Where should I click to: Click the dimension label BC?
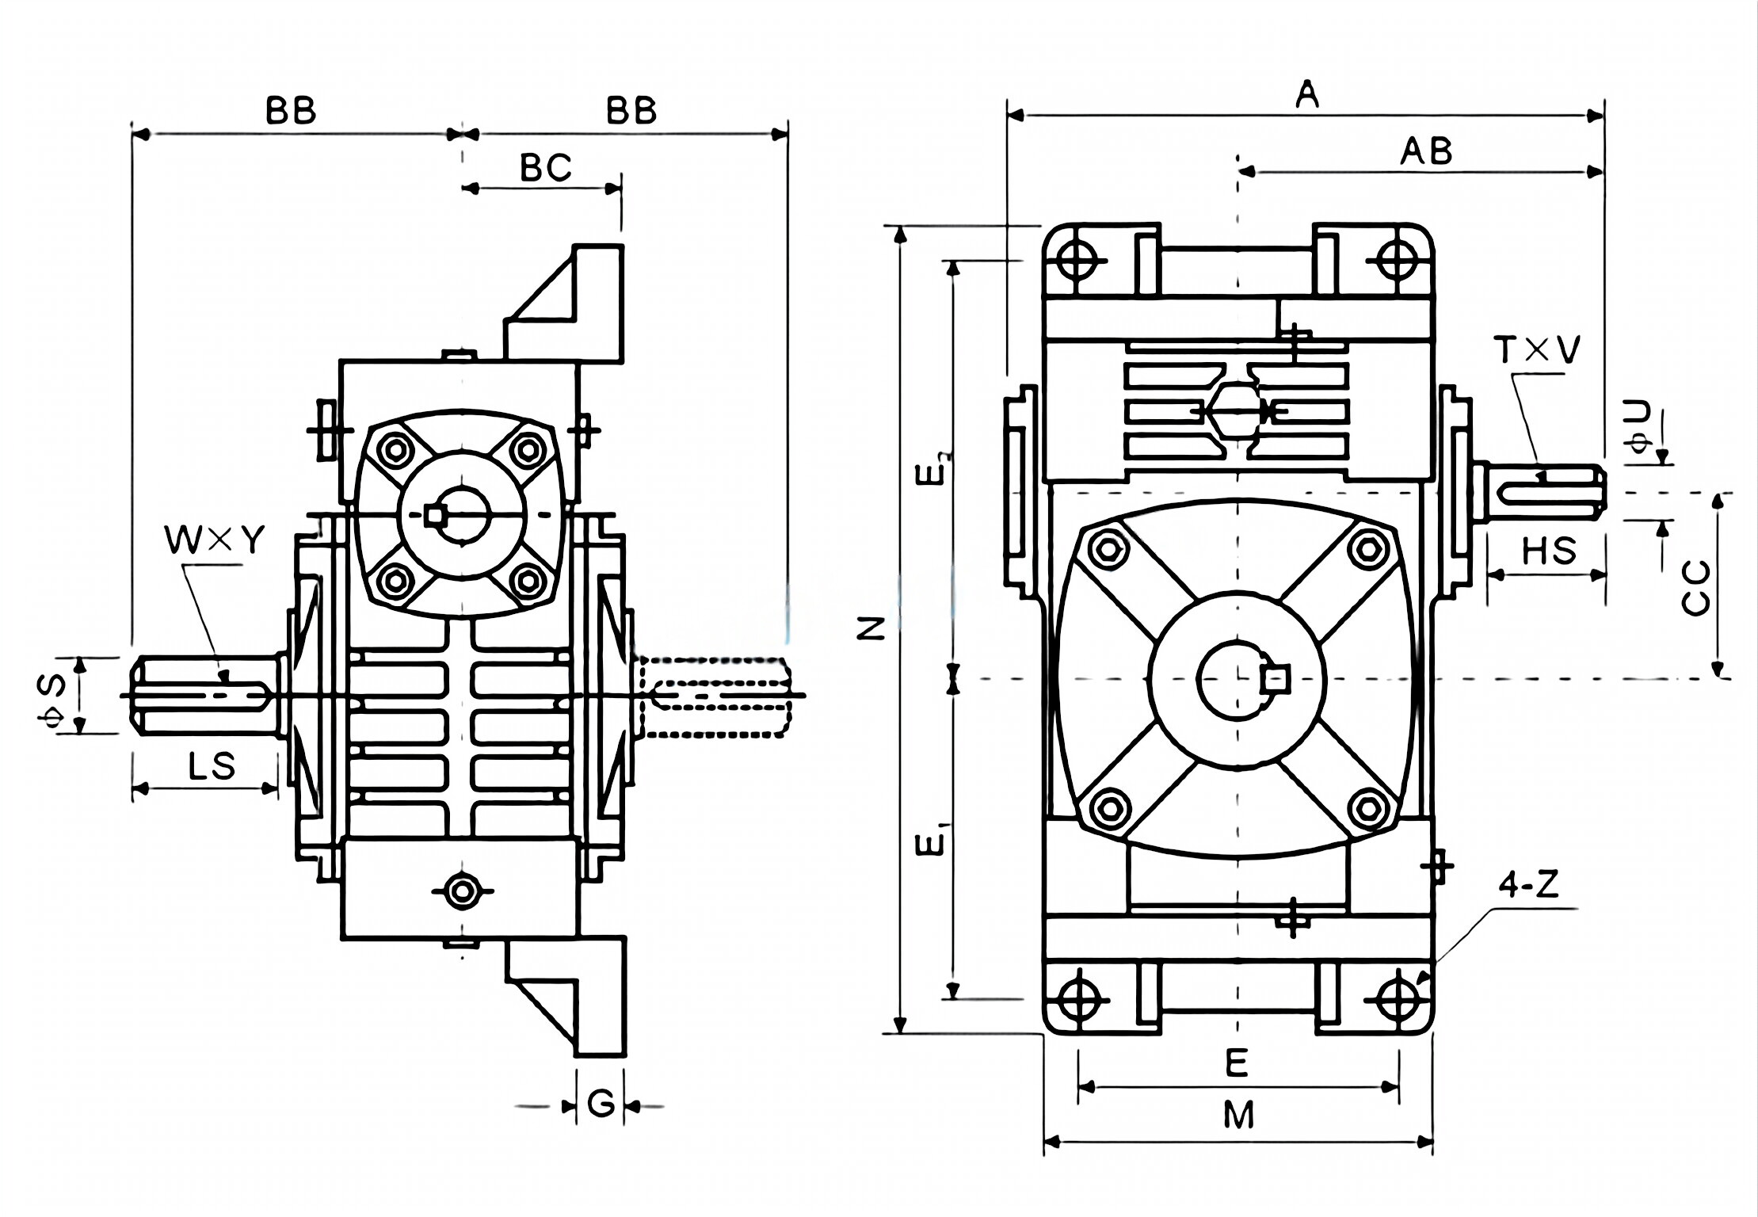pos(545,167)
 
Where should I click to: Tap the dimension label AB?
pos(1425,151)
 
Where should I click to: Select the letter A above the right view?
pos(1307,95)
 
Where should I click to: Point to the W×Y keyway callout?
pos(214,540)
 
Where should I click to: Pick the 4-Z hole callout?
pos(1528,885)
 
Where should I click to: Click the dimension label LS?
pos(212,766)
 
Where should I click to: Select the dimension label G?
pos(601,1104)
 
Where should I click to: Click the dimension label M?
pos(1238,1116)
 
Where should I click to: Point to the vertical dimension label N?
pos(871,628)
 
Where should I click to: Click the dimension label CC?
pos(1695,588)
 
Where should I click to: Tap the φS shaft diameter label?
pos(51,696)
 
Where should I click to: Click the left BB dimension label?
pos(291,111)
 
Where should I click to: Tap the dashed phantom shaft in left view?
pos(713,696)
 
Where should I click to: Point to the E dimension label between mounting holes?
pos(1237,1062)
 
